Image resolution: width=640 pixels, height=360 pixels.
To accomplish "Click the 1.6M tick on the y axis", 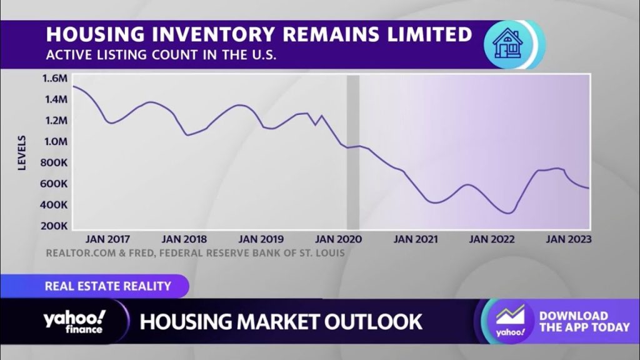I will click(55, 79).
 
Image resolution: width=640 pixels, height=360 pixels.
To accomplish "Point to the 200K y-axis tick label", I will click(55, 226).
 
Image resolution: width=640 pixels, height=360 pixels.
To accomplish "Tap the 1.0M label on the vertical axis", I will click(55, 142).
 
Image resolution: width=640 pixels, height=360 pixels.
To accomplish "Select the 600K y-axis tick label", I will click(55, 184).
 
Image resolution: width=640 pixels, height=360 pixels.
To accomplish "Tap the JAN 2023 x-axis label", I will click(568, 239).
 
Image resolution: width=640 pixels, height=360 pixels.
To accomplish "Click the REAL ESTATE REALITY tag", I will click(107, 286).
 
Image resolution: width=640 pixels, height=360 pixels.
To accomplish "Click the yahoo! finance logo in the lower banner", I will click(74, 321).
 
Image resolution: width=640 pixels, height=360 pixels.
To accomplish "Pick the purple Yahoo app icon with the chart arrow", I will click(510, 321).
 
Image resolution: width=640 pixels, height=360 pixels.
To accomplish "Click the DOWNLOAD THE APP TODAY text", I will click(584, 321).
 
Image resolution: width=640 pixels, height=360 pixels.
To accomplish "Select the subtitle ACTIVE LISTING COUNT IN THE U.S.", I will click(161, 54).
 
